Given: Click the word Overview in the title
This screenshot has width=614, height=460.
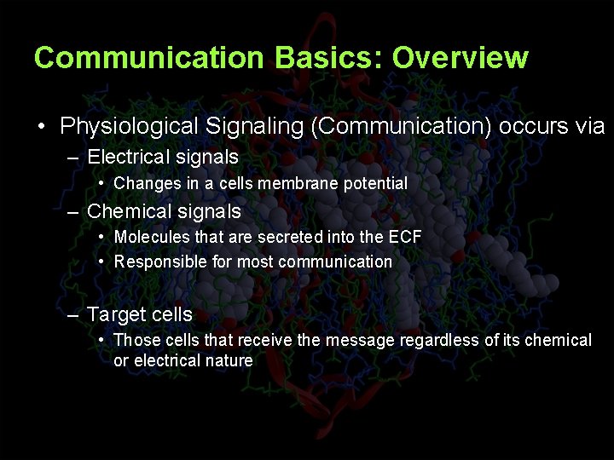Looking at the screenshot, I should click(x=460, y=58).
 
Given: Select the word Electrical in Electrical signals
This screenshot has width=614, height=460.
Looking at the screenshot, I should click(x=129, y=158).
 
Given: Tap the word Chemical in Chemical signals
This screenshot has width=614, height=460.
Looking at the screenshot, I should click(x=130, y=211).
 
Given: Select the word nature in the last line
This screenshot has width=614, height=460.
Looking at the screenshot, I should click(x=229, y=360).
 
